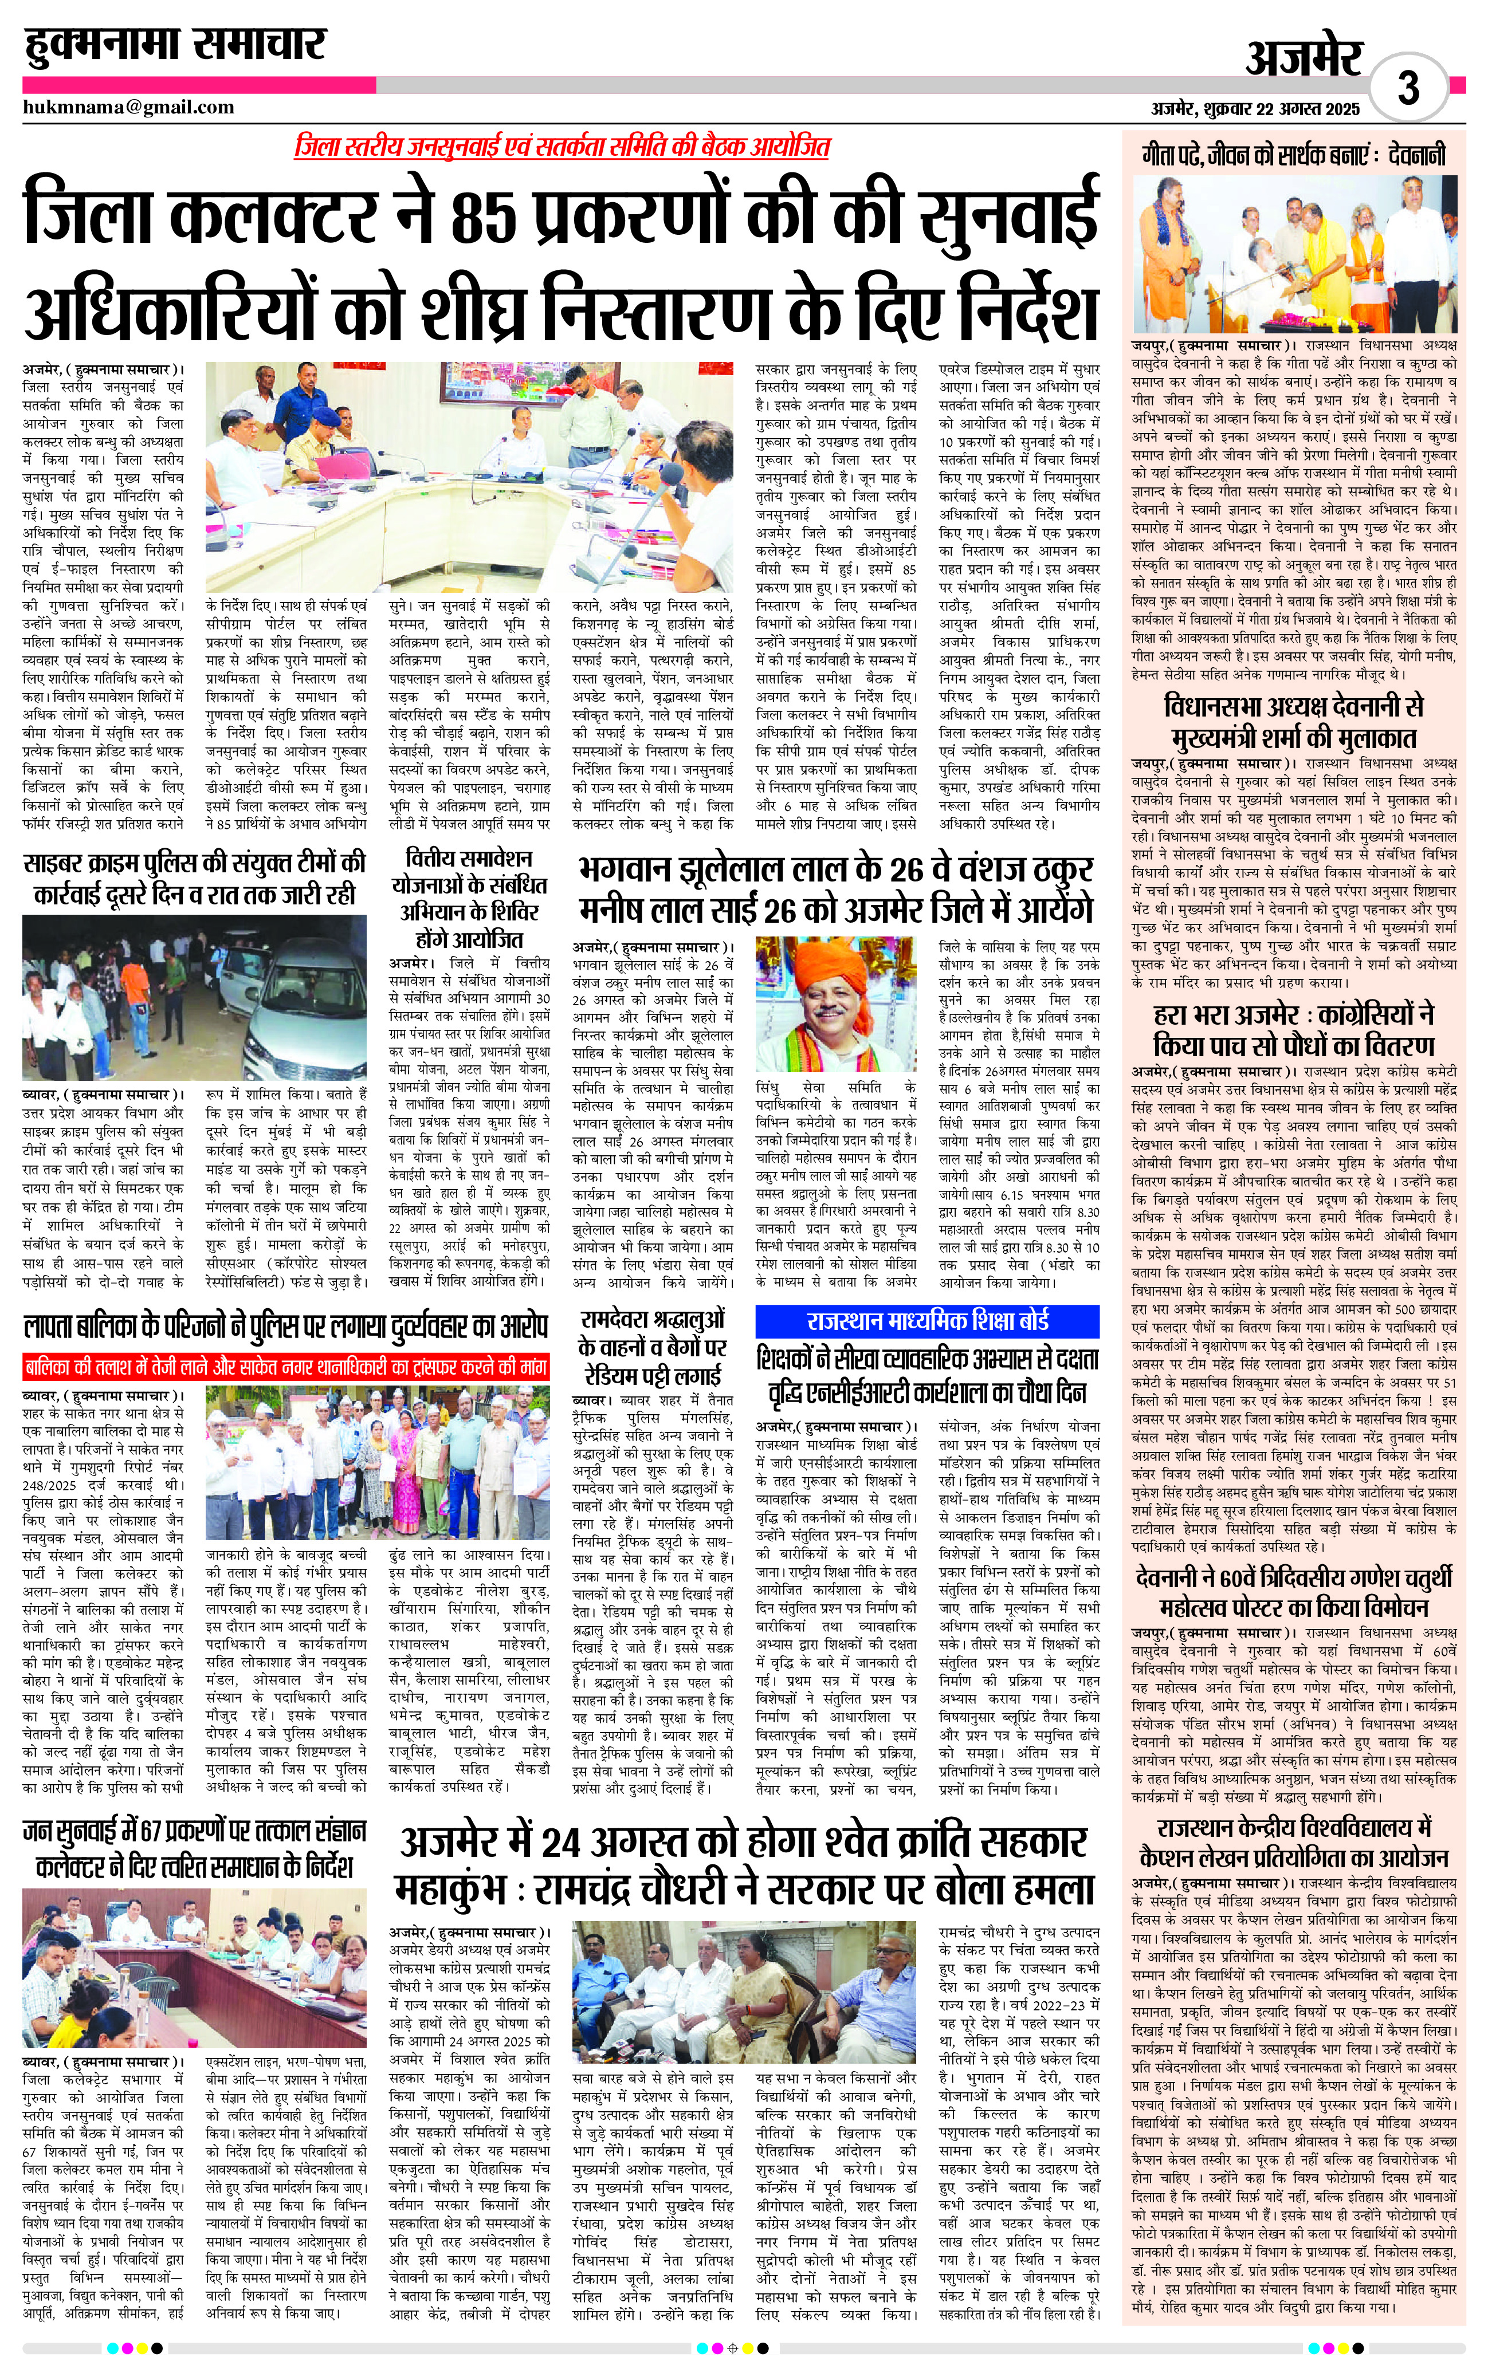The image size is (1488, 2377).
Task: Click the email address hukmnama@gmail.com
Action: tap(129, 107)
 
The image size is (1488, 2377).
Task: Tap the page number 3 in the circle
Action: tap(1408, 89)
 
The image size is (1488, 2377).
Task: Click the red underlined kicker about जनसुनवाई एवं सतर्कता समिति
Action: tap(562, 147)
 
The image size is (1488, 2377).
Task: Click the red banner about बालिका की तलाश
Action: tap(285, 1367)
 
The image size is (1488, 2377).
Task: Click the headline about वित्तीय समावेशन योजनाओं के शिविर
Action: tap(469, 898)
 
